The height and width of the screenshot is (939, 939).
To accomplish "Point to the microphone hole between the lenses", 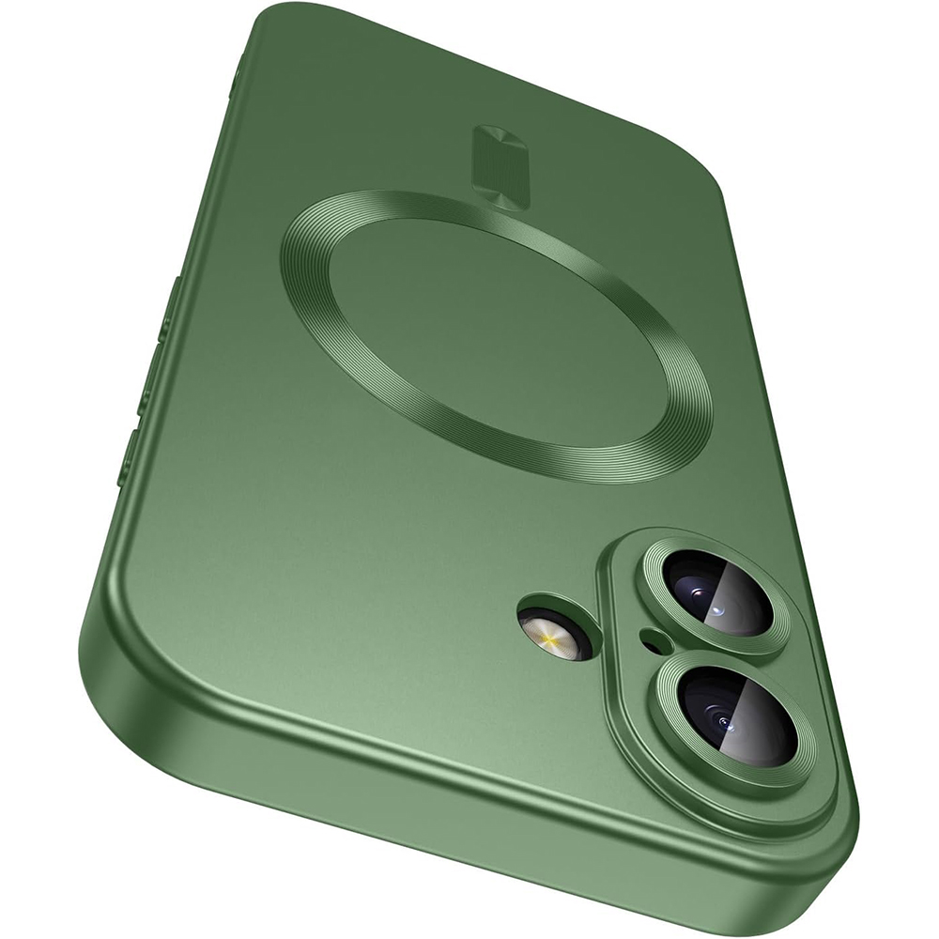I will pyautogui.click(x=650, y=640).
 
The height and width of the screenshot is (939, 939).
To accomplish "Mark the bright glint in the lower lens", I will pyautogui.click(x=728, y=723).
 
